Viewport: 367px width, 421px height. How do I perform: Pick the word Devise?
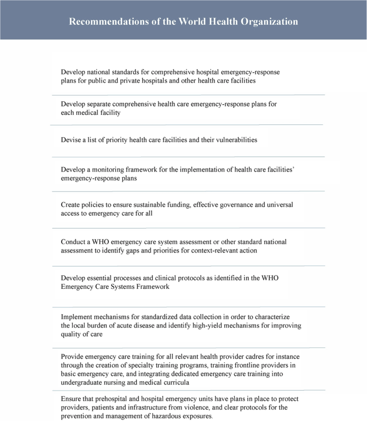pyautogui.click(x=70, y=140)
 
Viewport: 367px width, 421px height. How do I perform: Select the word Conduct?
pyautogui.click(x=73, y=242)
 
